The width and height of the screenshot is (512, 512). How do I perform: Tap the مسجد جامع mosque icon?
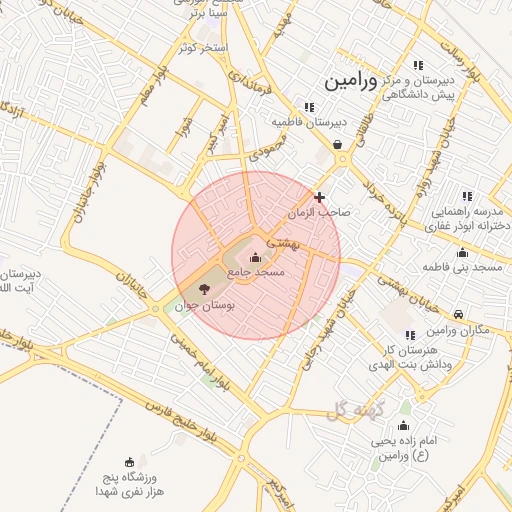pos(254,258)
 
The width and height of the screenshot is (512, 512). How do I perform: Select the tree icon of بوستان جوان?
pos(204,290)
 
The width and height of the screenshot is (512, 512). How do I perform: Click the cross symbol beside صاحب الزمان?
pos(319,197)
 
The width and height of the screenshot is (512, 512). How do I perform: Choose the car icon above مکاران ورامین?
pos(458,314)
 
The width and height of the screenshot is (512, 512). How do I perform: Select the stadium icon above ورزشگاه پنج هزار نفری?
pos(129,461)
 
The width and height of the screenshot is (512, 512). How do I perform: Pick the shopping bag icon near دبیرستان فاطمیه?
pos(339,144)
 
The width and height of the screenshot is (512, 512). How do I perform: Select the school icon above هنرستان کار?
pos(408,335)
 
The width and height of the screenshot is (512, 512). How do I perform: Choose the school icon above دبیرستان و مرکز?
pos(418,65)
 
